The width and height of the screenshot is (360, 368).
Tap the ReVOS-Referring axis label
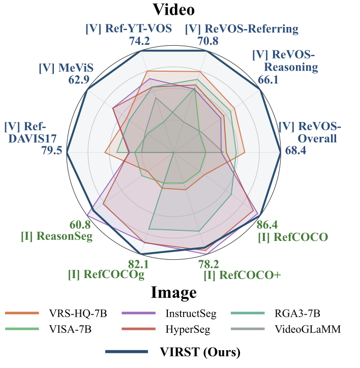241,28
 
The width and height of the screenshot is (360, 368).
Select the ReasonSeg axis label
56,236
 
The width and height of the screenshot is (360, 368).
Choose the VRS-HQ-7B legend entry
77,313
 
